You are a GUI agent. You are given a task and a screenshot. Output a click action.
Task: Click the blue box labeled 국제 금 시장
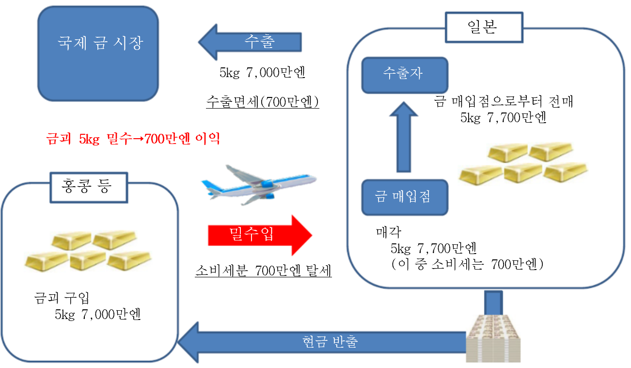[98, 53]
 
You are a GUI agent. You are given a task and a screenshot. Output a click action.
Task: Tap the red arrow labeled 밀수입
[260, 235]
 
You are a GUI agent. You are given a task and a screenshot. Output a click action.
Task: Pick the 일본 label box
[484, 27]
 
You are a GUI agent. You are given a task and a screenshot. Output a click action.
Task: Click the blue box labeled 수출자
[404, 75]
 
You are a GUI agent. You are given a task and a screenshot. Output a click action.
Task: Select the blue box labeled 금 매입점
[404, 197]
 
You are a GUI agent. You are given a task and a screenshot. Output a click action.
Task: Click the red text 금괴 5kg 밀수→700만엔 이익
[133, 140]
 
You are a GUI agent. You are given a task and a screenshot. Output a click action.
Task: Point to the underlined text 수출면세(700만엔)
[262, 102]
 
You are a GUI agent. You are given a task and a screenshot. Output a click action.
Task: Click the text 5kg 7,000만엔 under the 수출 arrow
[262, 73]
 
